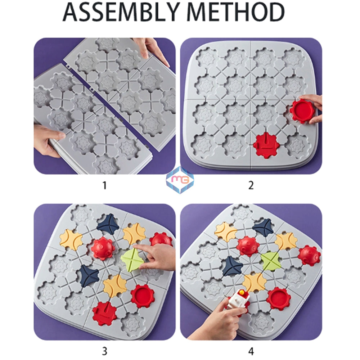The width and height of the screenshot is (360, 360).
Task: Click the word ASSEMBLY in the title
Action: pos(122,12)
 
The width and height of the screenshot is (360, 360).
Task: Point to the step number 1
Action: pos(104,185)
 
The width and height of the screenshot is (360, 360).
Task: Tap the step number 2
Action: pos(251,185)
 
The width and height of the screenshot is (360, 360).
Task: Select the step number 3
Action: pos(104,350)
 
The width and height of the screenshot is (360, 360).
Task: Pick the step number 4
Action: pos(251,350)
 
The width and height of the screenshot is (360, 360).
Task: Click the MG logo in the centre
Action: pos(180,179)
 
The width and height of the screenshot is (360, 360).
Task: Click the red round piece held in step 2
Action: pos(302,111)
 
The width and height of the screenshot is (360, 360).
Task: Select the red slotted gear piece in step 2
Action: pos(266,145)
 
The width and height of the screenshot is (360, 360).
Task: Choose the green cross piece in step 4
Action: pos(271,261)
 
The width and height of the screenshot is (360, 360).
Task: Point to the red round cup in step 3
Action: pos(143,296)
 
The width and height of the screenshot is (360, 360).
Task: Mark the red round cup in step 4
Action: pos(278,298)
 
